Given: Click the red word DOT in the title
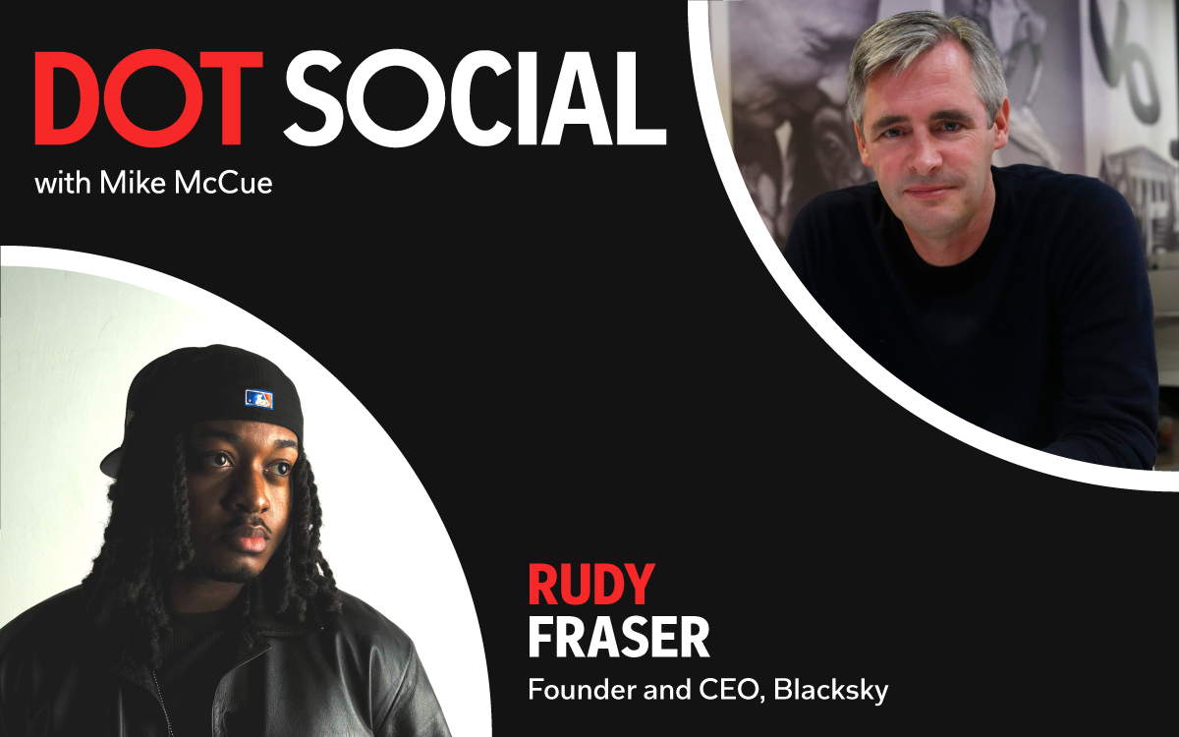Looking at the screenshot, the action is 148,98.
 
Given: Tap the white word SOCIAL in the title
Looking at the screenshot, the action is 476,98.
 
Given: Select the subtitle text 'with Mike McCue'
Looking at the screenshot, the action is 153,183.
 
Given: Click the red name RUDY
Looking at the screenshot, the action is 591,585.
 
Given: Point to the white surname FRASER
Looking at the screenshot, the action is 619,638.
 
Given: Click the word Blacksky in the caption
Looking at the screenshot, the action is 830,691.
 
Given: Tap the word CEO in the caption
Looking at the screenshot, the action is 732,691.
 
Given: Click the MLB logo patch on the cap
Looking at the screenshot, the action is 259,399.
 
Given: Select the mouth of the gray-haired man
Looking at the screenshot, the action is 928,190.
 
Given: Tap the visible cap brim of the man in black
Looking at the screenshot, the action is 112,461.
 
